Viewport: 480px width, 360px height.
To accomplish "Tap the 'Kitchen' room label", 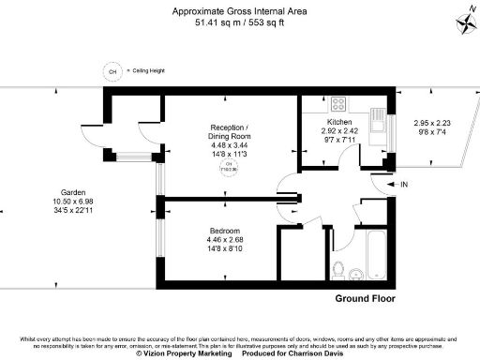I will click(338, 123).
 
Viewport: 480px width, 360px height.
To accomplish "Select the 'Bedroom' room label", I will click(225, 231).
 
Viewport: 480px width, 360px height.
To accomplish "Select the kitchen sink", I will click(378, 120).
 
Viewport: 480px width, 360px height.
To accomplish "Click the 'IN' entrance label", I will click(404, 186).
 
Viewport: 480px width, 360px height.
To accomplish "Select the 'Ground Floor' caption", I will click(365, 300).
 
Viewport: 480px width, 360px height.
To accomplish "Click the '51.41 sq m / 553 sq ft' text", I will click(231, 22).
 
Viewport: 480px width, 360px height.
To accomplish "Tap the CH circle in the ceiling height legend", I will click(112, 71).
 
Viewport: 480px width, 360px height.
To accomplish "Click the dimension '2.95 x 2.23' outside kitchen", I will click(433, 123).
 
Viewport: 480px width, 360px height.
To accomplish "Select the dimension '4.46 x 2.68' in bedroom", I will click(225, 240).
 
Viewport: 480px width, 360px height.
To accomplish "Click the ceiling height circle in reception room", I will click(230, 168).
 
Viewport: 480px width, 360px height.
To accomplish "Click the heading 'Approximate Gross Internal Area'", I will click(231, 11).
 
